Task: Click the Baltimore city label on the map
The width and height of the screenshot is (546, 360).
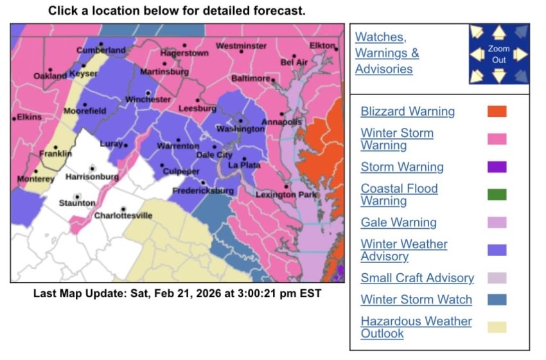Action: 251,78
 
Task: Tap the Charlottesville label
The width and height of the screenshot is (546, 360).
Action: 123,215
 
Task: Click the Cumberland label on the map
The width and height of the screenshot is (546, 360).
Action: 101,50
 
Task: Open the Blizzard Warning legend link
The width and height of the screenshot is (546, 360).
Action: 407,111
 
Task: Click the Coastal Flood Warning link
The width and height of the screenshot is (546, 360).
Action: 399,195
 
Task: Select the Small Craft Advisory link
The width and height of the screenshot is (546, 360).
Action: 417,278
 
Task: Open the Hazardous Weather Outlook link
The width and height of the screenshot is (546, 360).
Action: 416,327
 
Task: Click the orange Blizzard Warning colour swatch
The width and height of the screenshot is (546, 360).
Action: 497,111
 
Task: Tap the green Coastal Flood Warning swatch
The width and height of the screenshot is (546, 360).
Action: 497,194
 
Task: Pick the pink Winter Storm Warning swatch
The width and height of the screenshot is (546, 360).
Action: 497,139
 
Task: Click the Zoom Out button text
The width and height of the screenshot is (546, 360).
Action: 499,54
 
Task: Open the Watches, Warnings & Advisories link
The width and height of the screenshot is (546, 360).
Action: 387,53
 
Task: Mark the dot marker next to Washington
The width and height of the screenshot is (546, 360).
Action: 241,120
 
